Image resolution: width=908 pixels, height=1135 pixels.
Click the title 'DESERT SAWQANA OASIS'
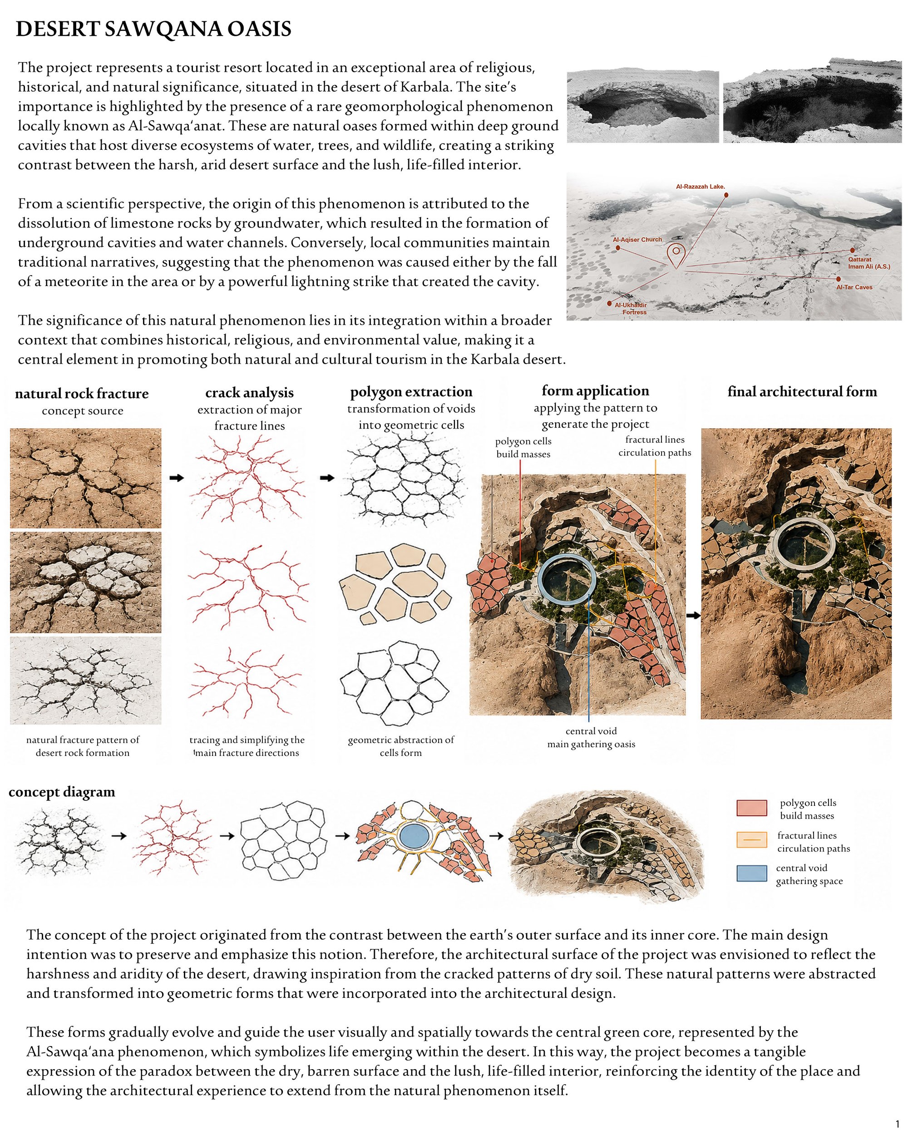pos(154,29)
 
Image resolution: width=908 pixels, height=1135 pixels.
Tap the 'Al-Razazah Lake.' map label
pos(700,186)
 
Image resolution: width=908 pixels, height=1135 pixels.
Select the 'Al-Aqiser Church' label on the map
pos(637,240)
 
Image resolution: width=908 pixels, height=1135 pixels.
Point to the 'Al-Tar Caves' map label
pos(854,287)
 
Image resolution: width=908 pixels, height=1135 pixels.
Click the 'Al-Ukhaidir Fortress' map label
pos(631,308)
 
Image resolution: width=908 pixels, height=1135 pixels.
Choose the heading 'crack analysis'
pos(250,393)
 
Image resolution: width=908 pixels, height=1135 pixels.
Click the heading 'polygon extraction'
pos(411,392)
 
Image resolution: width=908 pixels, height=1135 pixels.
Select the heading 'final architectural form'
pos(802,392)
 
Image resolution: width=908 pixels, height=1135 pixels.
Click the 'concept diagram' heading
pos(62,792)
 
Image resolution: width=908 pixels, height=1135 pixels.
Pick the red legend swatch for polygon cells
pos(752,808)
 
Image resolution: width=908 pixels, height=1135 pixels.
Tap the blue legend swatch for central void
pos(752,873)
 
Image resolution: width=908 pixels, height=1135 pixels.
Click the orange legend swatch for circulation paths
pos(752,840)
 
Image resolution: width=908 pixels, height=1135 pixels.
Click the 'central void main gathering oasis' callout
pos(591,738)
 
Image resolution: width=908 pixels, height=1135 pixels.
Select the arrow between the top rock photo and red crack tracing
pos(177,478)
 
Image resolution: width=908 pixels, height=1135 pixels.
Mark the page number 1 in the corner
pos(898,1125)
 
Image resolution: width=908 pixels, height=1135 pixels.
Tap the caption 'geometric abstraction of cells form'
pos(400,746)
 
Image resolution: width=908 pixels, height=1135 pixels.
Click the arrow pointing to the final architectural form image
pos(694,615)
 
